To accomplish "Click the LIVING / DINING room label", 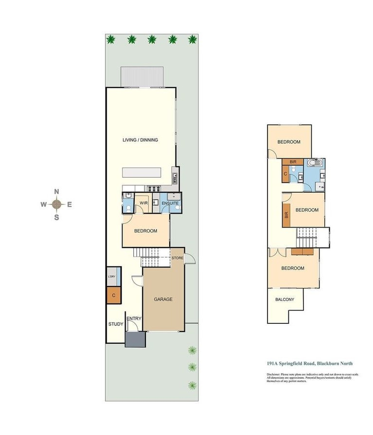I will click(x=141, y=140).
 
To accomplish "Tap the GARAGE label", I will click(x=163, y=300).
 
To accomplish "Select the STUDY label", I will click(x=116, y=324).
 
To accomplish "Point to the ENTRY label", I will click(x=134, y=319).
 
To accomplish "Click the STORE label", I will click(x=178, y=258).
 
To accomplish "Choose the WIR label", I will click(x=143, y=203).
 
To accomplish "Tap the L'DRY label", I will click(x=111, y=276).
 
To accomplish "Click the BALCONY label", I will click(x=285, y=300).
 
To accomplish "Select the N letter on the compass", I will click(x=56, y=192).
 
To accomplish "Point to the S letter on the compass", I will click(x=56, y=217).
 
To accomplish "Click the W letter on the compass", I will click(x=44, y=204).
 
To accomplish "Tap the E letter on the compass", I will click(x=70, y=204).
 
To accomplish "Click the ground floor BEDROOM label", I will click(x=145, y=231).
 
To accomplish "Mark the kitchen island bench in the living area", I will click(x=142, y=173).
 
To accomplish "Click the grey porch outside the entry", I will click(x=135, y=339).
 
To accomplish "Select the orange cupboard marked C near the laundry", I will click(x=113, y=295).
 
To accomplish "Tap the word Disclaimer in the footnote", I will click(x=273, y=375).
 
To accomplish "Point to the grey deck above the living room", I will click(x=141, y=76).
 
